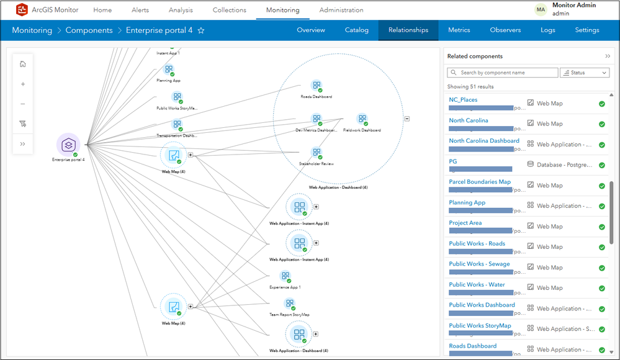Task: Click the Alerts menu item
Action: [x=140, y=10]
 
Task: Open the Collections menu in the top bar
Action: [x=229, y=10]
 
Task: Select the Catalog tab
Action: [x=356, y=30]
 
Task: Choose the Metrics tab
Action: [x=459, y=30]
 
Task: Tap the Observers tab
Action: [x=505, y=30]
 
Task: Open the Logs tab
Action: [x=547, y=30]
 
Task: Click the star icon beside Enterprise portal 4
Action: [x=201, y=30]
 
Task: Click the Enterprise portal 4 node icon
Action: [x=68, y=144]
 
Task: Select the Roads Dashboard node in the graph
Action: [x=317, y=86]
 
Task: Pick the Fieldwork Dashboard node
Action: [x=362, y=119]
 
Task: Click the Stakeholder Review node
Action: [x=317, y=153]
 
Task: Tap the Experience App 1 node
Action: [x=285, y=276]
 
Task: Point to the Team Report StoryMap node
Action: [x=289, y=304]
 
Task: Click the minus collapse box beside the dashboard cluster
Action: [x=407, y=119]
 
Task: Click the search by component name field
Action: [x=503, y=73]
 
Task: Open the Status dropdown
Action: [x=584, y=73]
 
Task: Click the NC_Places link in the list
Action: [x=463, y=99]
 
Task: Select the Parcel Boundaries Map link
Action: [x=480, y=182]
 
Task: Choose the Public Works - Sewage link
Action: [x=479, y=264]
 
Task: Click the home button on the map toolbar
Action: [x=23, y=64]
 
